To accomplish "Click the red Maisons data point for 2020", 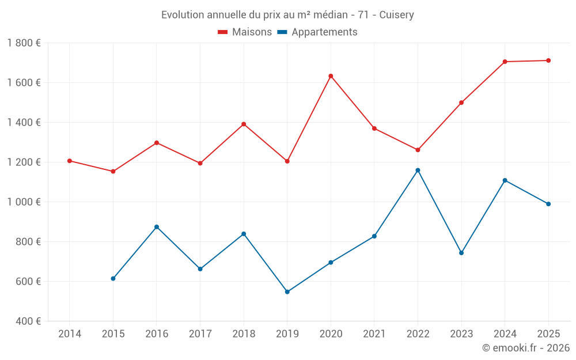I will click(x=331, y=76).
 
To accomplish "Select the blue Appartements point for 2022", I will click(x=418, y=170).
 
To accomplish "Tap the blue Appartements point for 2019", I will click(x=287, y=292).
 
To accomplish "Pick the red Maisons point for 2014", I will click(x=70, y=161).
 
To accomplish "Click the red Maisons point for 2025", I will click(x=548, y=60).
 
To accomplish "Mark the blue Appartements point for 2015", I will click(x=113, y=279).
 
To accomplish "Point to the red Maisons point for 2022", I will click(x=418, y=150).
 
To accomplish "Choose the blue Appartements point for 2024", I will click(x=505, y=180).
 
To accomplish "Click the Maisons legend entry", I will click(x=252, y=32).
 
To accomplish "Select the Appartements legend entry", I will click(x=324, y=32).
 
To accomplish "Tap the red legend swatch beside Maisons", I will click(x=223, y=32).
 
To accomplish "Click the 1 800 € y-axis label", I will click(x=24, y=43).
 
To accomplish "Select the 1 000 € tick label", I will click(x=24, y=202).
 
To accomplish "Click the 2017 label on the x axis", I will click(x=200, y=334).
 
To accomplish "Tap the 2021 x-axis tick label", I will click(x=374, y=334).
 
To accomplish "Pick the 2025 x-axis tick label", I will click(x=548, y=334).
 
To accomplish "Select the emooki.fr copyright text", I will click(x=525, y=348).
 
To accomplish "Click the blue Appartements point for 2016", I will click(x=157, y=227).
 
